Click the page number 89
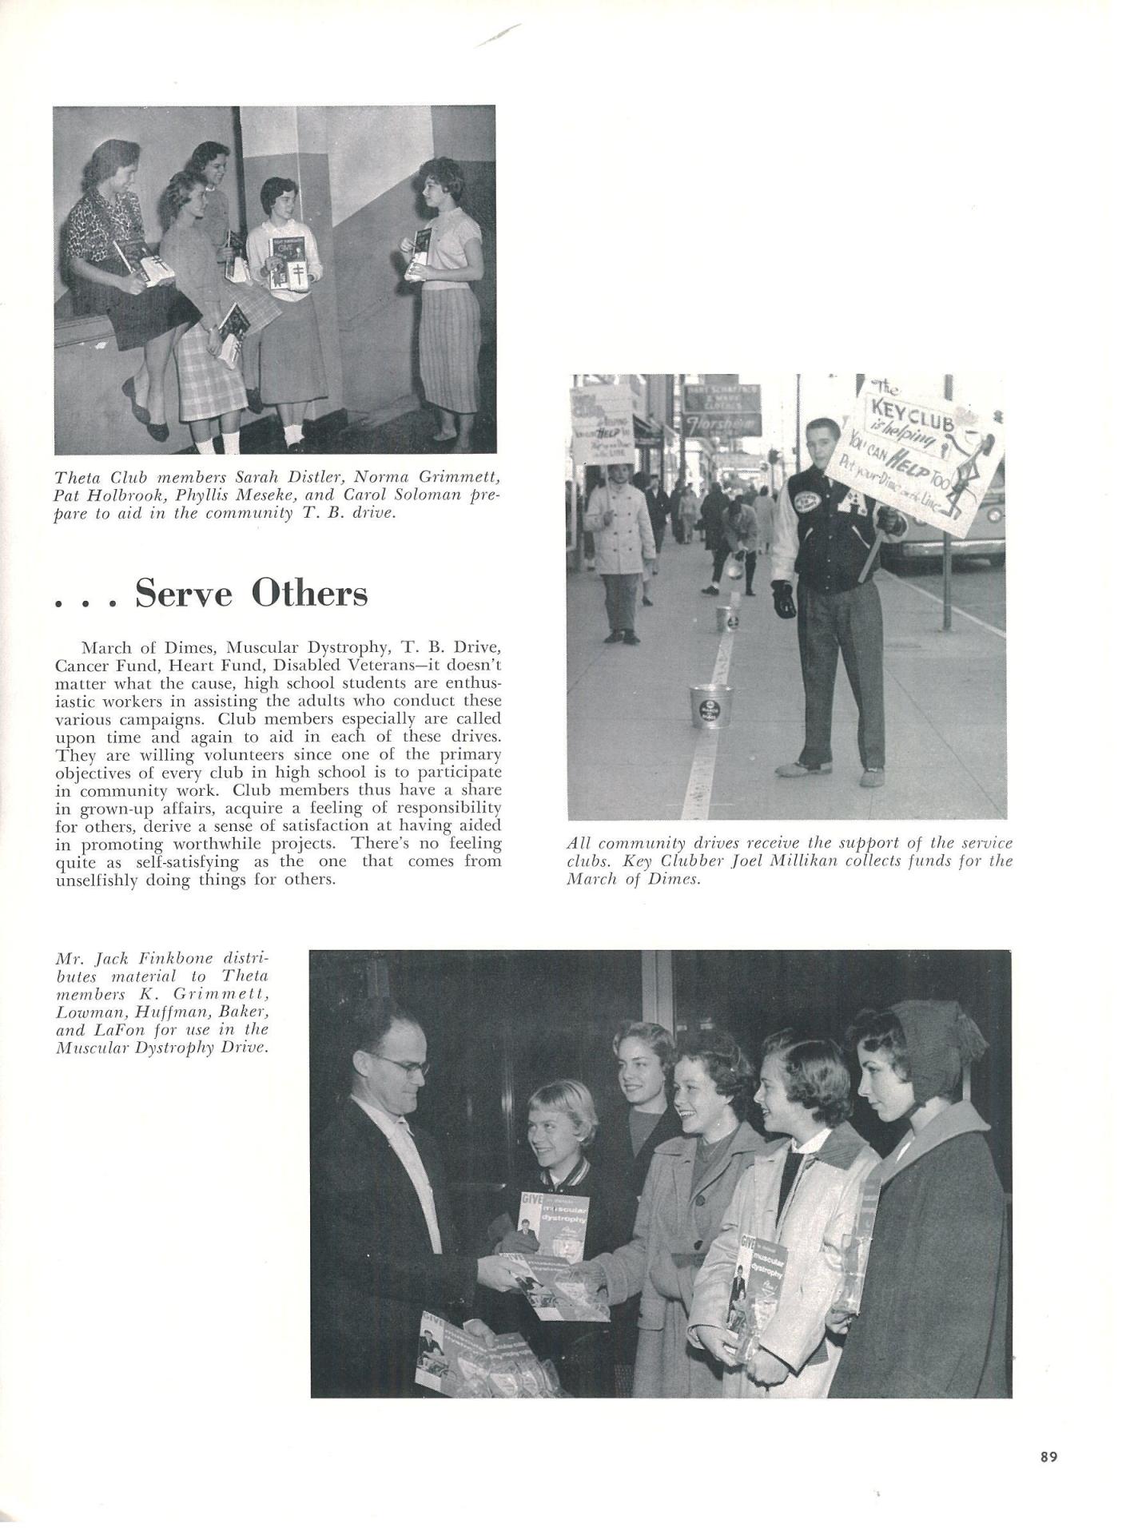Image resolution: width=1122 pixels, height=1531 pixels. click(1048, 1457)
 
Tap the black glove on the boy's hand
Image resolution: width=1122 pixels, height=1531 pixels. click(786, 598)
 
